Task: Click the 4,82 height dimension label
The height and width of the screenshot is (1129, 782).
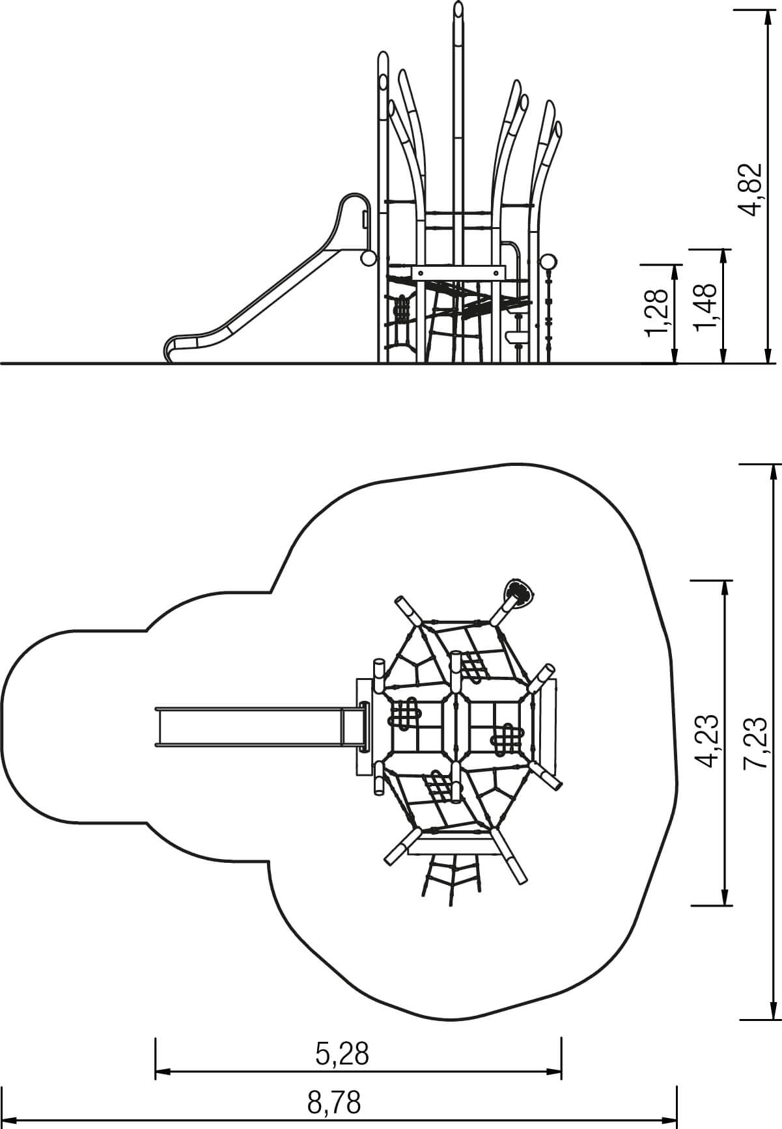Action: point(751,189)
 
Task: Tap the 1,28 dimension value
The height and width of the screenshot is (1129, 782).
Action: point(658,313)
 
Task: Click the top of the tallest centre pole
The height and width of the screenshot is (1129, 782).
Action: point(459,9)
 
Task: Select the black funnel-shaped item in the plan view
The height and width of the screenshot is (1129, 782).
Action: point(519,592)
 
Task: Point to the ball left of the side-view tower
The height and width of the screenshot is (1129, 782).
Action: point(369,259)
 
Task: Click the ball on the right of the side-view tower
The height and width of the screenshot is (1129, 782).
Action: point(549,262)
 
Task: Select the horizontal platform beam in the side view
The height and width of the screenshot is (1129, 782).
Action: point(458,271)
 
